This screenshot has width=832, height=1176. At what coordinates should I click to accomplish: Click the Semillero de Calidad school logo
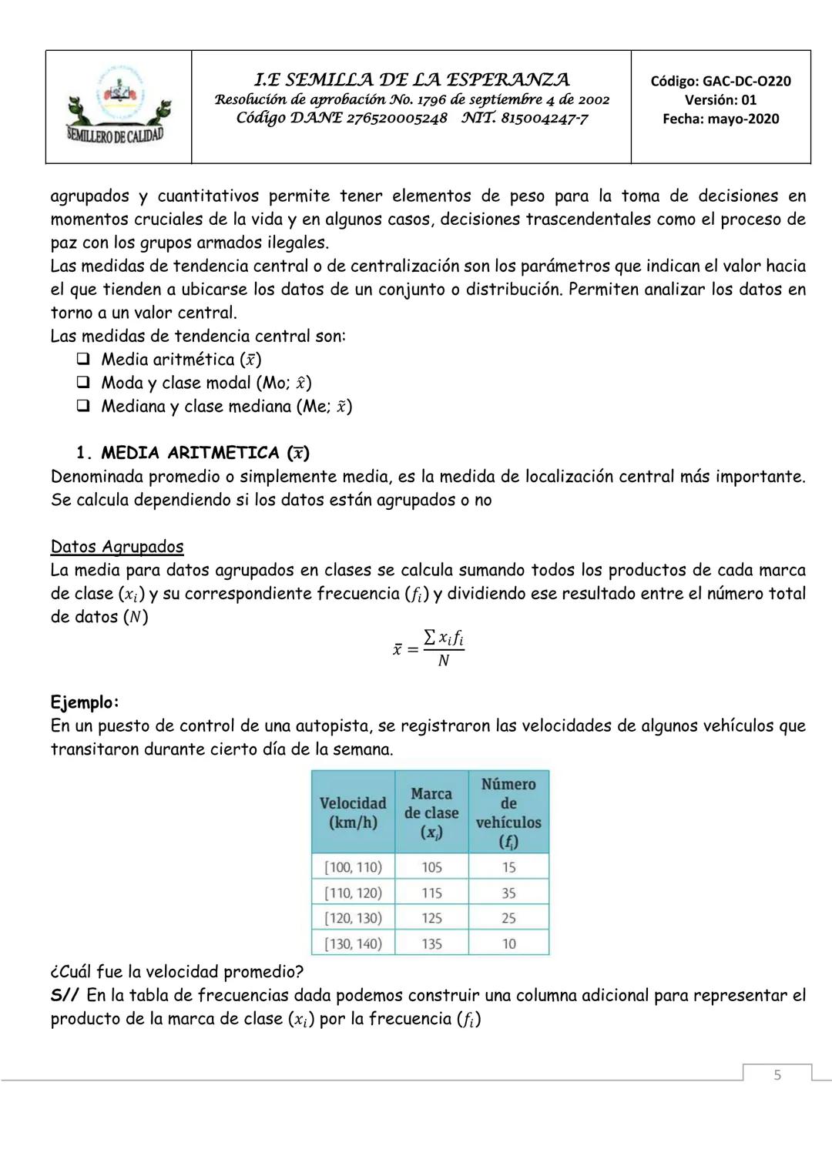coord(119,106)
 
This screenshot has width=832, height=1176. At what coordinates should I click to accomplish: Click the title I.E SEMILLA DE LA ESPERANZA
coord(411,79)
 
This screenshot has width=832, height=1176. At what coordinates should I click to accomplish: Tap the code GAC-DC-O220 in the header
coord(720,81)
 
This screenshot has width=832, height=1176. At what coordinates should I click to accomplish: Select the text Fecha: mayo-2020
coord(720,119)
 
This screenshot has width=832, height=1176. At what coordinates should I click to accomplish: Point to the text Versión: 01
coord(720,100)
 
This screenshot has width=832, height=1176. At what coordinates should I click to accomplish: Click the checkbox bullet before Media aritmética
coord(83,359)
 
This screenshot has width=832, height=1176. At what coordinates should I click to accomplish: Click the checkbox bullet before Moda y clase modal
coord(83,383)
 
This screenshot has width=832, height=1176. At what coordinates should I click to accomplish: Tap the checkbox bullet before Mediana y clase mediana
coord(83,406)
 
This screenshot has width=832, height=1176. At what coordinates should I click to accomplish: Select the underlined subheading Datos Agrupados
coord(117,547)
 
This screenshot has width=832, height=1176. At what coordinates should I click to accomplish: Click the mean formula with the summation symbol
coord(428,648)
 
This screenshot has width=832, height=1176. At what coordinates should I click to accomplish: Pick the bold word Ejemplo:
coord(85,702)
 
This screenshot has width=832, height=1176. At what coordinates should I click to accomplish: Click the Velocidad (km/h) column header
coord(353,812)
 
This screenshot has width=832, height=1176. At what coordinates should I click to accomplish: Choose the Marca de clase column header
coord(431,812)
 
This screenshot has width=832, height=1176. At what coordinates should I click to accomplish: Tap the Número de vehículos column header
coord(508,812)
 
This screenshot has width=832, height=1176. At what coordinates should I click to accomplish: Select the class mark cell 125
coord(431,918)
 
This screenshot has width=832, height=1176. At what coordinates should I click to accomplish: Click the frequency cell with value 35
coord(508,893)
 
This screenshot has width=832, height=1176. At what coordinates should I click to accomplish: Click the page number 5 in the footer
coord(777,1074)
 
